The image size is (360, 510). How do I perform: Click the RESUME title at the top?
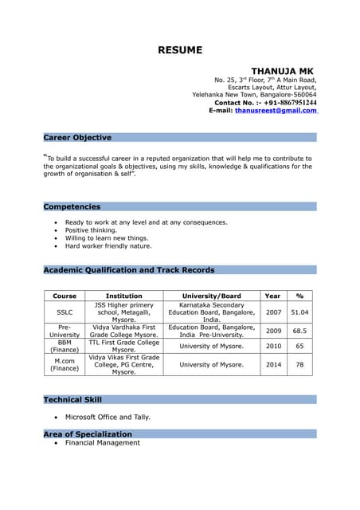(x=180, y=50)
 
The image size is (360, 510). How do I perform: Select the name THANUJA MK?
(x=283, y=71)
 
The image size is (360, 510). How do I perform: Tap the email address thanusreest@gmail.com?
(x=276, y=111)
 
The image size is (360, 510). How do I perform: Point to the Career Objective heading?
(x=77, y=138)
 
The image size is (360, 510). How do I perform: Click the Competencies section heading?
(x=72, y=206)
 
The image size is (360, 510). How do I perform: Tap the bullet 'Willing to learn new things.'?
(x=107, y=238)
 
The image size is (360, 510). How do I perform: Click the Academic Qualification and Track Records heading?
(x=128, y=270)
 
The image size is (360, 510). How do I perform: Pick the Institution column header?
(x=123, y=296)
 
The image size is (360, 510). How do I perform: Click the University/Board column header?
(x=211, y=296)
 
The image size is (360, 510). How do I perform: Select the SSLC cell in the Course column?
(x=64, y=312)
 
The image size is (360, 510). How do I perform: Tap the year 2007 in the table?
(x=273, y=312)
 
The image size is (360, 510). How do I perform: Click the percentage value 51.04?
(x=299, y=312)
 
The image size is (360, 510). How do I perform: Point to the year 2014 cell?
(x=273, y=364)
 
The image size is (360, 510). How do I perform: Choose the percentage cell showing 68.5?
(x=299, y=330)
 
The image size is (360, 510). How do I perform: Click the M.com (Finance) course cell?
(x=64, y=364)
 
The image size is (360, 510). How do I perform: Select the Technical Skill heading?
(x=72, y=399)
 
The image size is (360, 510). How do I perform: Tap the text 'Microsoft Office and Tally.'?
(x=108, y=417)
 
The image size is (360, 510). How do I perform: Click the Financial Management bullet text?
(x=102, y=442)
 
